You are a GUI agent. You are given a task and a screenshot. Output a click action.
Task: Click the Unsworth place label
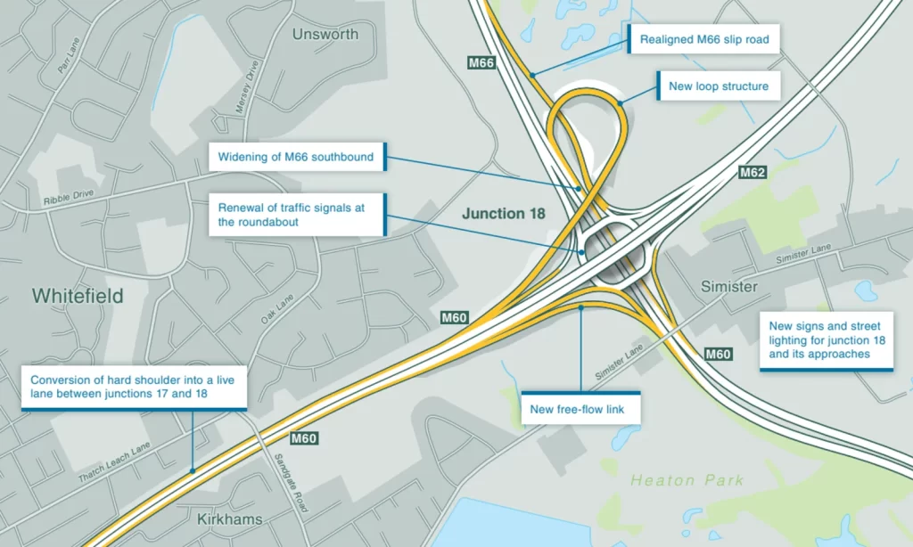click(x=325, y=34)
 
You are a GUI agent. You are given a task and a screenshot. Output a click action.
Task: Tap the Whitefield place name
click(x=78, y=296)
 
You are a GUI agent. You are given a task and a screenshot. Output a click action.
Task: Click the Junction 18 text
click(x=504, y=214)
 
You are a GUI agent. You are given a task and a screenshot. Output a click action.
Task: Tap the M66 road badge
click(x=481, y=62)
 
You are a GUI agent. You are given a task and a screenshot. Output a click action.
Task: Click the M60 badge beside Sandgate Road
click(x=303, y=437)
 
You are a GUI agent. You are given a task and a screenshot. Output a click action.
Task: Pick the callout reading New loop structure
click(x=719, y=86)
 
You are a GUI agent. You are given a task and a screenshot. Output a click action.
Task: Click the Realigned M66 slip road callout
click(x=704, y=39)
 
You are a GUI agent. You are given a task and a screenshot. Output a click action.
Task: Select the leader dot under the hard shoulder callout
click(x=192, y=469)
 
